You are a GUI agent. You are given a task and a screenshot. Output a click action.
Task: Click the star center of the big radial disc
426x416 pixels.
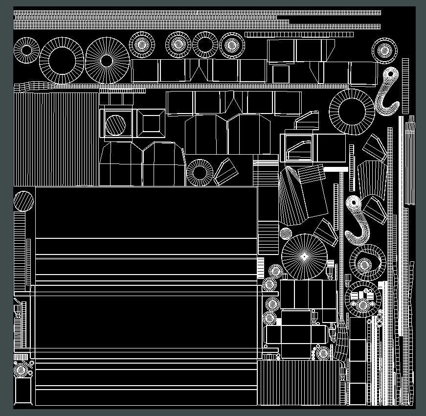point(304,256)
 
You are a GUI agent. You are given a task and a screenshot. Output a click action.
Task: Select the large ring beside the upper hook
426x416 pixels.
point(352,111)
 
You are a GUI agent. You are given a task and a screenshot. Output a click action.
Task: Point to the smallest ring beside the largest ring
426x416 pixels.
point(26,50)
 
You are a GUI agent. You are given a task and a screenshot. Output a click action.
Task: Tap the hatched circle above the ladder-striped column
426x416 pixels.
point(23,201)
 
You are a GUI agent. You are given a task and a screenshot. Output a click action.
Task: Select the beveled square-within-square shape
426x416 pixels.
point(151,123)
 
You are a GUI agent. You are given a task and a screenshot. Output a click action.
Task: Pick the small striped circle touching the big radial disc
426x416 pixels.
point(286,233)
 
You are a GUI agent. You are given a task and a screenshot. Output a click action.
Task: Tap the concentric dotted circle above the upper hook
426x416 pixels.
point(384,50)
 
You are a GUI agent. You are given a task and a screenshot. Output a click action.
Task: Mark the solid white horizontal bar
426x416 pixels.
point(336,169)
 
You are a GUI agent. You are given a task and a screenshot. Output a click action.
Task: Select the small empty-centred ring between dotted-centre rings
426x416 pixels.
point(205,45)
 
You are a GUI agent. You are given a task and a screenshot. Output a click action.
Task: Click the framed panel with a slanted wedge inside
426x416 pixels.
point(299,149)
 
